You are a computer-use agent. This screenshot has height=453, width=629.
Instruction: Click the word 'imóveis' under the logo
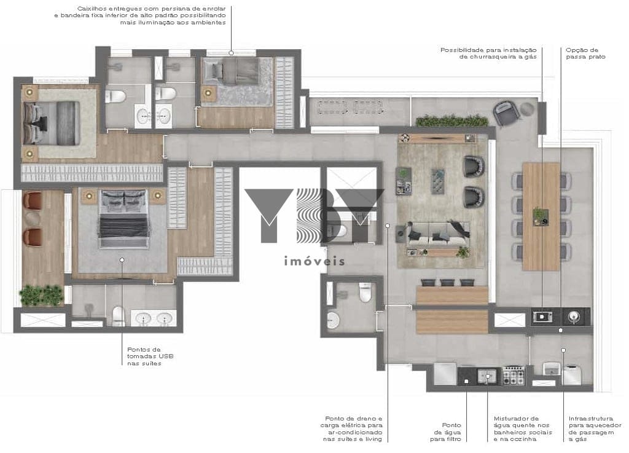(x=314, y=261)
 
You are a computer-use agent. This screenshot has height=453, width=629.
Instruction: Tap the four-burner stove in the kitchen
(x=514, y=376)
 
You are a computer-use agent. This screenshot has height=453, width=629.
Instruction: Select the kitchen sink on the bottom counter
(x=487, y=376)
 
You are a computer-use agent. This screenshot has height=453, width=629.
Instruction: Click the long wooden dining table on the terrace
(x=541, y=216)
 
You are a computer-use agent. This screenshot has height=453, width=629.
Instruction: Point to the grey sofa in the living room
(x=437, y=235)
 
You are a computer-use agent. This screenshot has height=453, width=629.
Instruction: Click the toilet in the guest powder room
(x=365, y=292)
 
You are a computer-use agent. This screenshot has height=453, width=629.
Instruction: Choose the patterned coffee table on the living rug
(x=437, y=181)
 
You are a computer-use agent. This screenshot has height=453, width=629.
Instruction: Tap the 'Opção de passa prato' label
(x=585, y=53)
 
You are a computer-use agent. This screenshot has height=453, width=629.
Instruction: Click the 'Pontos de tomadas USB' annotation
(x=150, y=356)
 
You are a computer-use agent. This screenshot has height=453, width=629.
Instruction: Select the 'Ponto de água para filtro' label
(x=446, y=431)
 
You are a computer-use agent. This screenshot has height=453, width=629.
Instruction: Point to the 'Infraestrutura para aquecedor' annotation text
(x=595, y=429)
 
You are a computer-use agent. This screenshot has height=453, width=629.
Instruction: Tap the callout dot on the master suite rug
(x=122, y=260)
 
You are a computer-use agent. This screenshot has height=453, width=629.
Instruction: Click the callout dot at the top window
(x=231, y=53)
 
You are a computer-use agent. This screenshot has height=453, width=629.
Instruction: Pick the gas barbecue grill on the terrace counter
(x=542, y=317)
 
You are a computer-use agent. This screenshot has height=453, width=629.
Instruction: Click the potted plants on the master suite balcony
(x=41, y=295)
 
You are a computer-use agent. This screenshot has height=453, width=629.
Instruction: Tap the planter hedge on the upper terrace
(x=452, y=120)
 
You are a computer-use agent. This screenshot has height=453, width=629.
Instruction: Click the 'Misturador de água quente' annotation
(x=523, y=429)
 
